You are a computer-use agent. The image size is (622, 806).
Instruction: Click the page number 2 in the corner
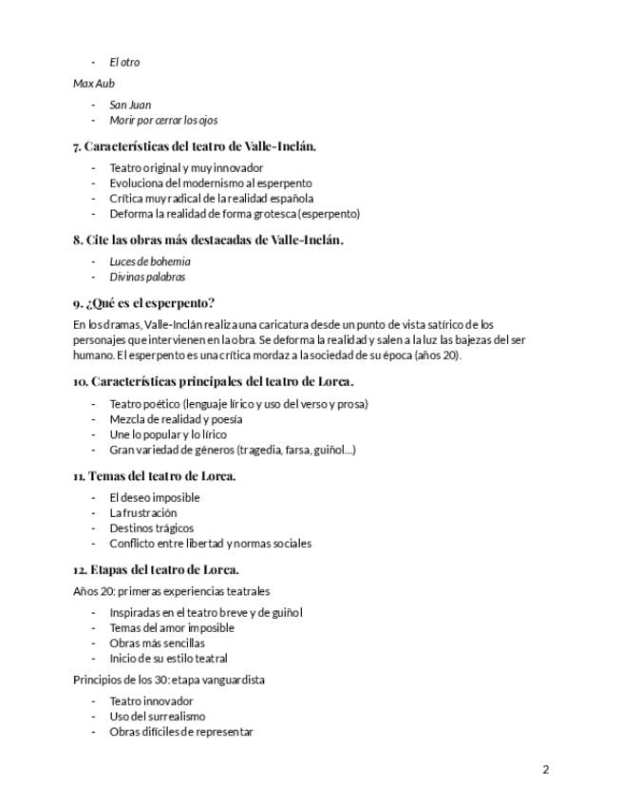click(546, 770)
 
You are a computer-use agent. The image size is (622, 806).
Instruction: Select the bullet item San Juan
click(130, 105)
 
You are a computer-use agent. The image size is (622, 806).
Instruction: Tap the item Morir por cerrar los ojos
click(163, 120)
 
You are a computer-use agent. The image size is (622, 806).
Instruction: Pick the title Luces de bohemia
click(150, 261)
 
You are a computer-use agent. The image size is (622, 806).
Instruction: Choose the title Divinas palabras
click(147, 277)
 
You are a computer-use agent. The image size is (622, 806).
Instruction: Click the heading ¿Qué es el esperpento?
click(143, 303)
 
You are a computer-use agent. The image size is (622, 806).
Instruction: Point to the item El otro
click(124, 62)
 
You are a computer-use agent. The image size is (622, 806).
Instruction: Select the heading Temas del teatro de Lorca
click(154, 475)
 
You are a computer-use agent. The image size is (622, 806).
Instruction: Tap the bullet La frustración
click(143, 512)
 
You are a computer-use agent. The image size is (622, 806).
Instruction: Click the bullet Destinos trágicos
click(151, 528)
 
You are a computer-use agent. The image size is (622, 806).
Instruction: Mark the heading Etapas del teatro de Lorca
click(156, 569)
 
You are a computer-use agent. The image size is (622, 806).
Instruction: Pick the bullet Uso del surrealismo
click(157, 716)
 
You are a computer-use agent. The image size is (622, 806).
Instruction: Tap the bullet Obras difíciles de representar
click(181, 731)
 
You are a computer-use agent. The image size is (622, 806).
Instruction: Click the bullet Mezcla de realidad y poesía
click(176, 418)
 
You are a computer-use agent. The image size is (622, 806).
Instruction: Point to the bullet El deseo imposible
click(155, 497)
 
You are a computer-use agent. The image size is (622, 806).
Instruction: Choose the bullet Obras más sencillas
click(157, 643)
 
